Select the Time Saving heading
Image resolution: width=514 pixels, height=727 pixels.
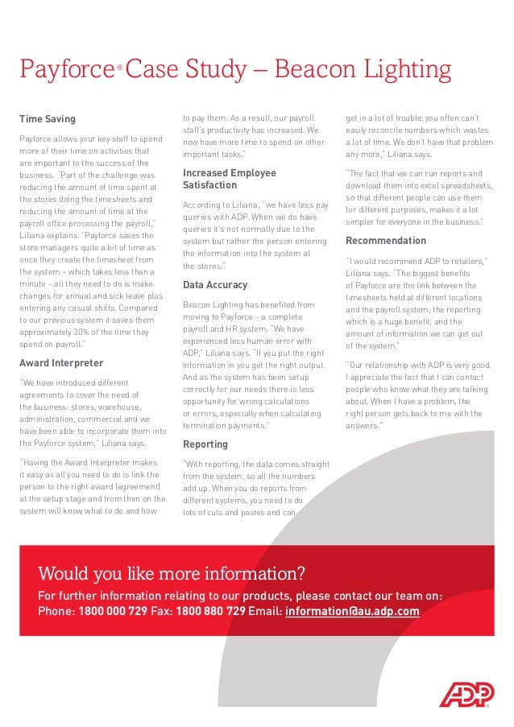point(48,119)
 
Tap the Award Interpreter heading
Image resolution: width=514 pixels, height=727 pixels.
point(61,363)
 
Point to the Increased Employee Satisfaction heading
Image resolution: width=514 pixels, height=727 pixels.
point(229,179)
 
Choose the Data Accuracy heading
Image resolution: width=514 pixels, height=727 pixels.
point(215,285)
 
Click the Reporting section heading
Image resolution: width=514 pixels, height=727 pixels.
point(205,444)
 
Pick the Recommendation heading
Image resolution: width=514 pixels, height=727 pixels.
point(386,241)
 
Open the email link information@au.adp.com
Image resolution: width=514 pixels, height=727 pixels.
point(352,611)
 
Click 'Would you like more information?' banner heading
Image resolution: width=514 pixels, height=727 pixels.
point(172,574)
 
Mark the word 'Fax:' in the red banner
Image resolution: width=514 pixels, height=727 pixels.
point(162,611)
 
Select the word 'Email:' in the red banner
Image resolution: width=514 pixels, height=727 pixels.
point(265,611)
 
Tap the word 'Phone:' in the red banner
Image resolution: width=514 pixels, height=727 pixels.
point(56,611)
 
